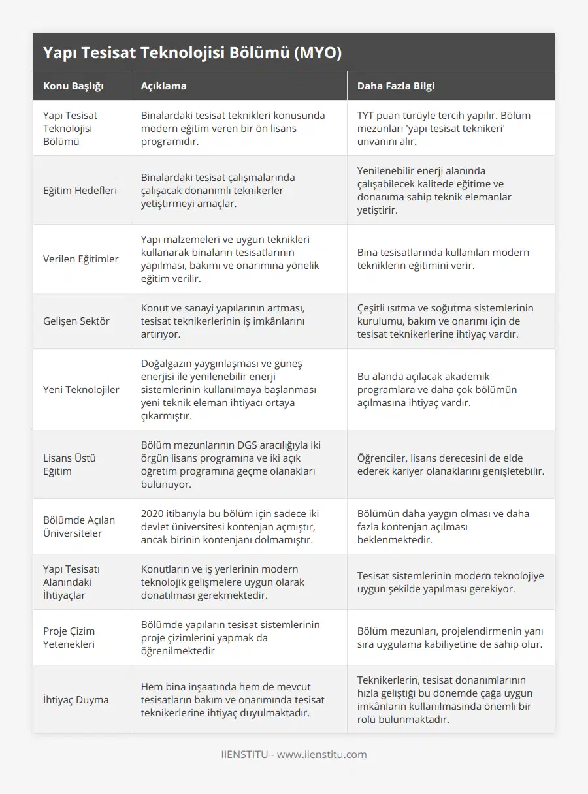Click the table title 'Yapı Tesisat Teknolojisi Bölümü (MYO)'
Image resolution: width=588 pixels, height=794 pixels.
(192, 53)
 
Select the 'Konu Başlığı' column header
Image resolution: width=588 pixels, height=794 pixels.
(73, 86)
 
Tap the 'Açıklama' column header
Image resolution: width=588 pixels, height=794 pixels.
(164, 86)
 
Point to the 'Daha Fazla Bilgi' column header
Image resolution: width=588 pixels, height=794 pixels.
(396, 86)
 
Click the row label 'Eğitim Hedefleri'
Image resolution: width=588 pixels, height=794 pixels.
(80, 191)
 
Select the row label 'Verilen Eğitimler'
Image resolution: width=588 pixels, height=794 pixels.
(81, 259)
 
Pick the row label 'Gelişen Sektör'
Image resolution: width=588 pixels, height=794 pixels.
(76, 321)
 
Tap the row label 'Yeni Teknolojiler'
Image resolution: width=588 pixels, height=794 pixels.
(81, 390)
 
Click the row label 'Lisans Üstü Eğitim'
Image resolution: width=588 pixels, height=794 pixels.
(70, 464)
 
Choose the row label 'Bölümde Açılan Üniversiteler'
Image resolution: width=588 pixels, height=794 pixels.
(79, 526)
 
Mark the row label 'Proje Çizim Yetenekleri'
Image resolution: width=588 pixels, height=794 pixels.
(69, 637)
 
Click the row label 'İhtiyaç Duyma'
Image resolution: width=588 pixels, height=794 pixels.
(76, 700)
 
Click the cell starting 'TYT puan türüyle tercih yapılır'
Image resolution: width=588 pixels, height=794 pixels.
(444, 128)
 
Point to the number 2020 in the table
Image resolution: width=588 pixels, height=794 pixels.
(154, 514)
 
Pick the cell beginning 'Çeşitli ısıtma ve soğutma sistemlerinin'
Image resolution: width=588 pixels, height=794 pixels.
(446, 321)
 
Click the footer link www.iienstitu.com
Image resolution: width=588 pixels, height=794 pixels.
(322, 755)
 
